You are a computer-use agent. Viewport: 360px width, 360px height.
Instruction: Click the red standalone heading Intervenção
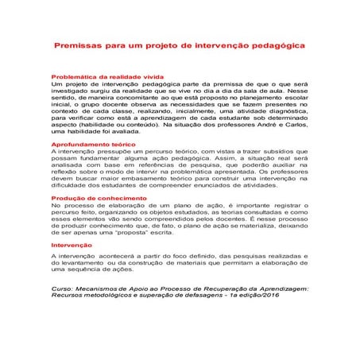(x=69, y=246)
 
